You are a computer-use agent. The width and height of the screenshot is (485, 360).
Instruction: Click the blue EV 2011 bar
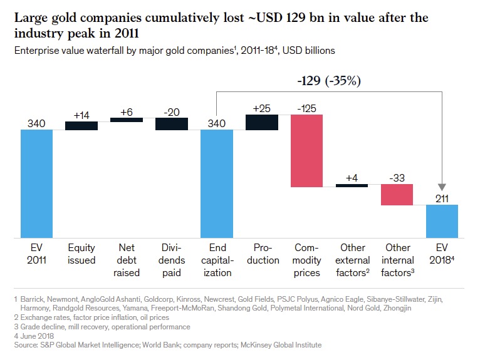click(36, 183)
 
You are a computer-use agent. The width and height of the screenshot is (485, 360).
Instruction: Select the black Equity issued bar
click(81, 125)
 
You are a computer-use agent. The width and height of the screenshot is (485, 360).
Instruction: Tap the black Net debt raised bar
click(127, 120)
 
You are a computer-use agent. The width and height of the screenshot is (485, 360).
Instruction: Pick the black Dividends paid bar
click(172, 123)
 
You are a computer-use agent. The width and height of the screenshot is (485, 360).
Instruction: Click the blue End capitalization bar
click(217, 183)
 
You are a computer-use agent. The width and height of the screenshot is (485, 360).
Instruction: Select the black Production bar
click(262, 122)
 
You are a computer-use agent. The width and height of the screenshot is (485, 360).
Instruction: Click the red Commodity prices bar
click(307, 151)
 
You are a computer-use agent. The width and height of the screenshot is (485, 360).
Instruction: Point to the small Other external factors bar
click(352, 185)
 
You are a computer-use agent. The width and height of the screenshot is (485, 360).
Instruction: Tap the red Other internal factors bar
click(397, 194)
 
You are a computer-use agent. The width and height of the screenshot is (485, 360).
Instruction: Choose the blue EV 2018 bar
click(442, 221)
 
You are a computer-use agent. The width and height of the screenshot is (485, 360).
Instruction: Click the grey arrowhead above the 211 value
click(442, 187)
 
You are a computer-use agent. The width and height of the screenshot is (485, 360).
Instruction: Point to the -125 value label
click(307, 108)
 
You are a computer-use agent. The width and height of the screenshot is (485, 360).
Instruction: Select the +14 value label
click(81, 115)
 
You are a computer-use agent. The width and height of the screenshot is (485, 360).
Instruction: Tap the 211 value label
click(442, 198)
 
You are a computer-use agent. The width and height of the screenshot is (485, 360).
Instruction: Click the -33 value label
click(397, 178)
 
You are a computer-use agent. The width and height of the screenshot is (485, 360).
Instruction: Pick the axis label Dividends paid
click(172, 260)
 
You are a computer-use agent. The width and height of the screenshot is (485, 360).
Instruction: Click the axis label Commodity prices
click(307, 260)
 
